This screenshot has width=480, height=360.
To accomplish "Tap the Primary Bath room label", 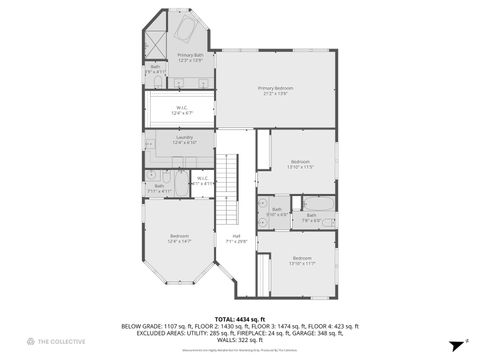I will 190,58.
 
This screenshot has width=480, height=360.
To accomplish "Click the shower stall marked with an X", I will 156,44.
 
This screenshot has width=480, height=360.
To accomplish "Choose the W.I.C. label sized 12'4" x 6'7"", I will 183,110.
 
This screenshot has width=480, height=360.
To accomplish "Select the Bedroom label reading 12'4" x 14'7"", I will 179,239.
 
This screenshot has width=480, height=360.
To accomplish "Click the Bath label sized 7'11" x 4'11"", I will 159,188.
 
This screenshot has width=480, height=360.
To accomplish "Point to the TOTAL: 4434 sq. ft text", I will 240,319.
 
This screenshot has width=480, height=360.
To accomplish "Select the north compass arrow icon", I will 456,341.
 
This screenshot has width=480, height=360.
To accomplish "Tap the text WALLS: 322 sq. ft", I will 240,340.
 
